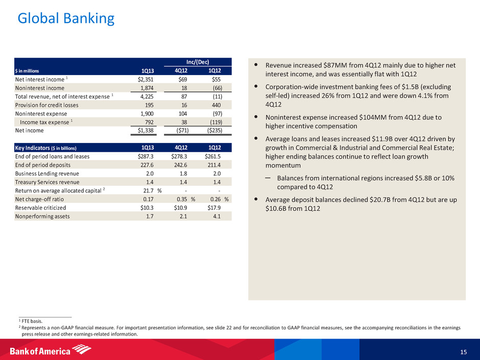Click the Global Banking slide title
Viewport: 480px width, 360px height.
click(66, 18)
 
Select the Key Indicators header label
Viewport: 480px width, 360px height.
click(45, 148)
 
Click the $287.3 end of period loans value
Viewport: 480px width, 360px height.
click(148, 157)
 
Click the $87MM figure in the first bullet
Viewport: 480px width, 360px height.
click(331, 66)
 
